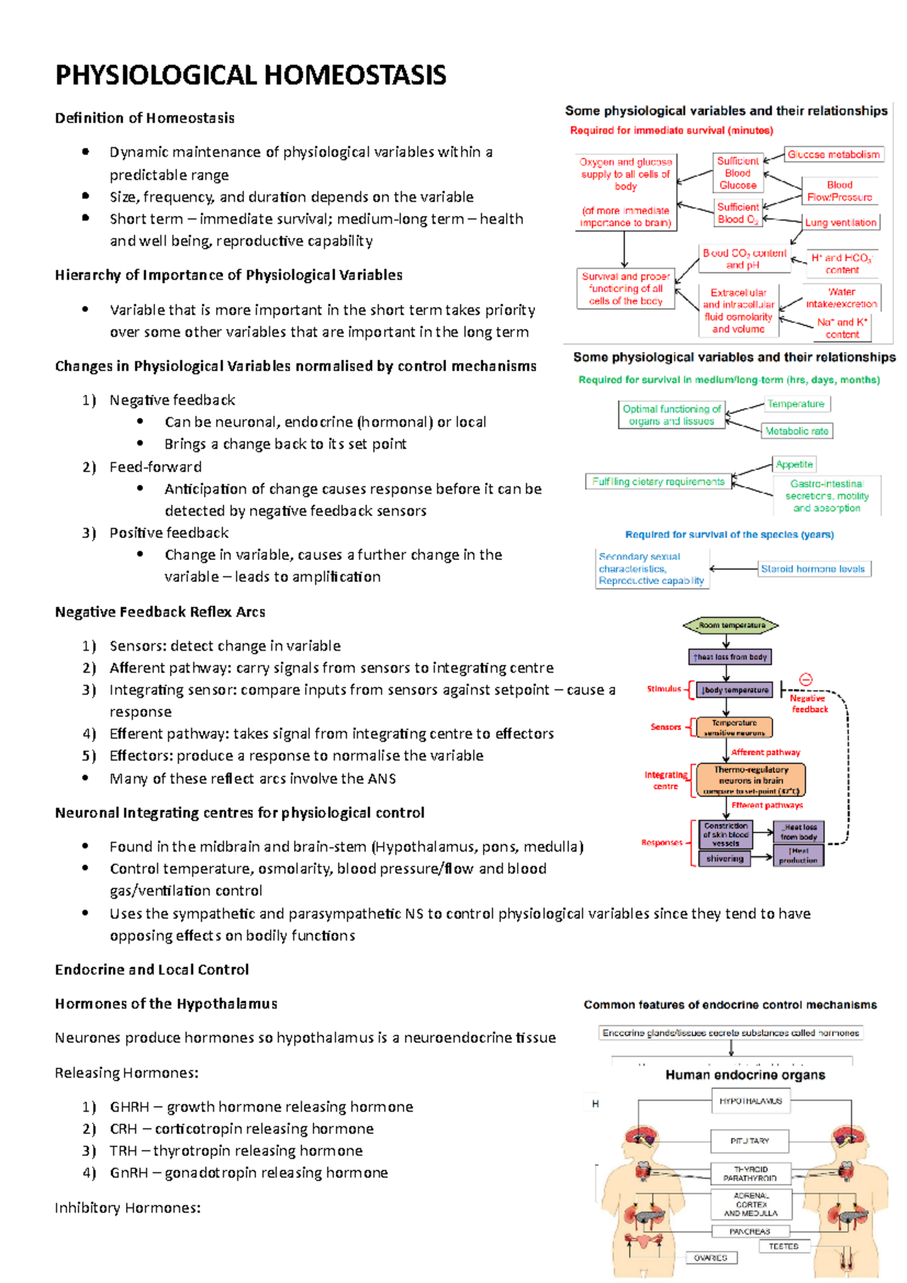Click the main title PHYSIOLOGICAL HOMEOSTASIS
[250, 76]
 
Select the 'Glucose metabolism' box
[834, 155]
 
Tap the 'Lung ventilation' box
[840, 223]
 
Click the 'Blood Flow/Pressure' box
[839, 191]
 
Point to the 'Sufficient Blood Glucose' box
[738, 173]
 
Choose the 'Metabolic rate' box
[797, 431]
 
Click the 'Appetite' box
[794, 465]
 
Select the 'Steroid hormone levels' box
[813, 569]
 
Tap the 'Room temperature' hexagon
[731, 626]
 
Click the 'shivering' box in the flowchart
[725, 859]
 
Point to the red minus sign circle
[806, 680]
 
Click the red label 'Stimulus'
[664, 689]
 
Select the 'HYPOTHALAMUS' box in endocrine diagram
[751, 1102]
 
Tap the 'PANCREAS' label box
[750, 1232]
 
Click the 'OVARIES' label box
[710, 1258]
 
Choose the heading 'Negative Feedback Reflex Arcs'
[160, 612]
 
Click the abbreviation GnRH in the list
[128, 1173]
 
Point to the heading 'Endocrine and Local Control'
[152, 969]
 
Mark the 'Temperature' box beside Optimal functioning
[796, 404]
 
